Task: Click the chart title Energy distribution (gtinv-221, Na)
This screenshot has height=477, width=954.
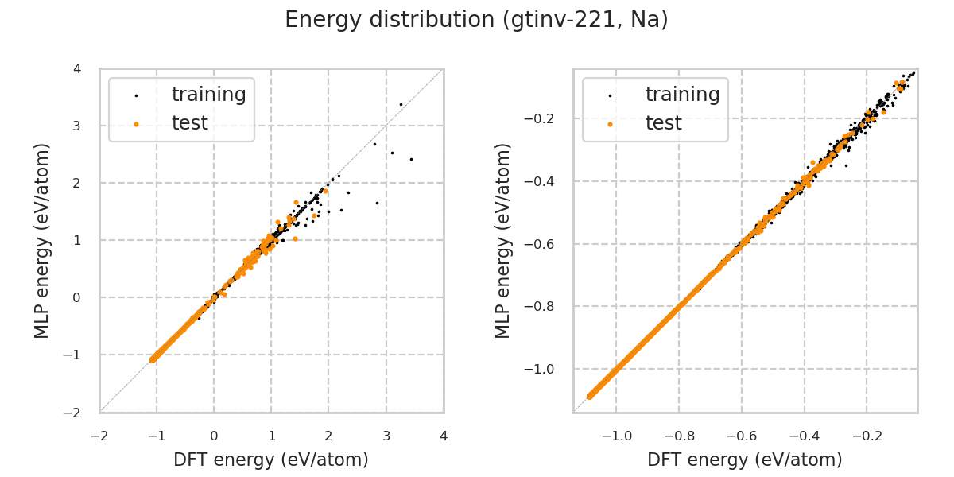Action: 476,20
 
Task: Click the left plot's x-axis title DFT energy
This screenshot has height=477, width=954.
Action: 271,460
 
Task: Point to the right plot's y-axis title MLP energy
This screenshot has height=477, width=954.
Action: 503,240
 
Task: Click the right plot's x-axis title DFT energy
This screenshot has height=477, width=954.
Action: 745,460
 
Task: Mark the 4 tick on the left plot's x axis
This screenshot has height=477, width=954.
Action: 444,436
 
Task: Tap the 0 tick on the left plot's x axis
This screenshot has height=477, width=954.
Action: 214,436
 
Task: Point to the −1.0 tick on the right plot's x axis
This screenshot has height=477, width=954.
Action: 617,436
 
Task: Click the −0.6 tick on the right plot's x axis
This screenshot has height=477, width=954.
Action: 742,436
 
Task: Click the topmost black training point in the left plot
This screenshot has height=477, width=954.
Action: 401,104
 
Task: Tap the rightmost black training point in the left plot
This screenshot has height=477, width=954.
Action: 411,159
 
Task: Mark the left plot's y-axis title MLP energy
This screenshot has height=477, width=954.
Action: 42,240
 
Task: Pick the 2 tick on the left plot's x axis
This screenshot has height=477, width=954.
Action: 328,436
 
